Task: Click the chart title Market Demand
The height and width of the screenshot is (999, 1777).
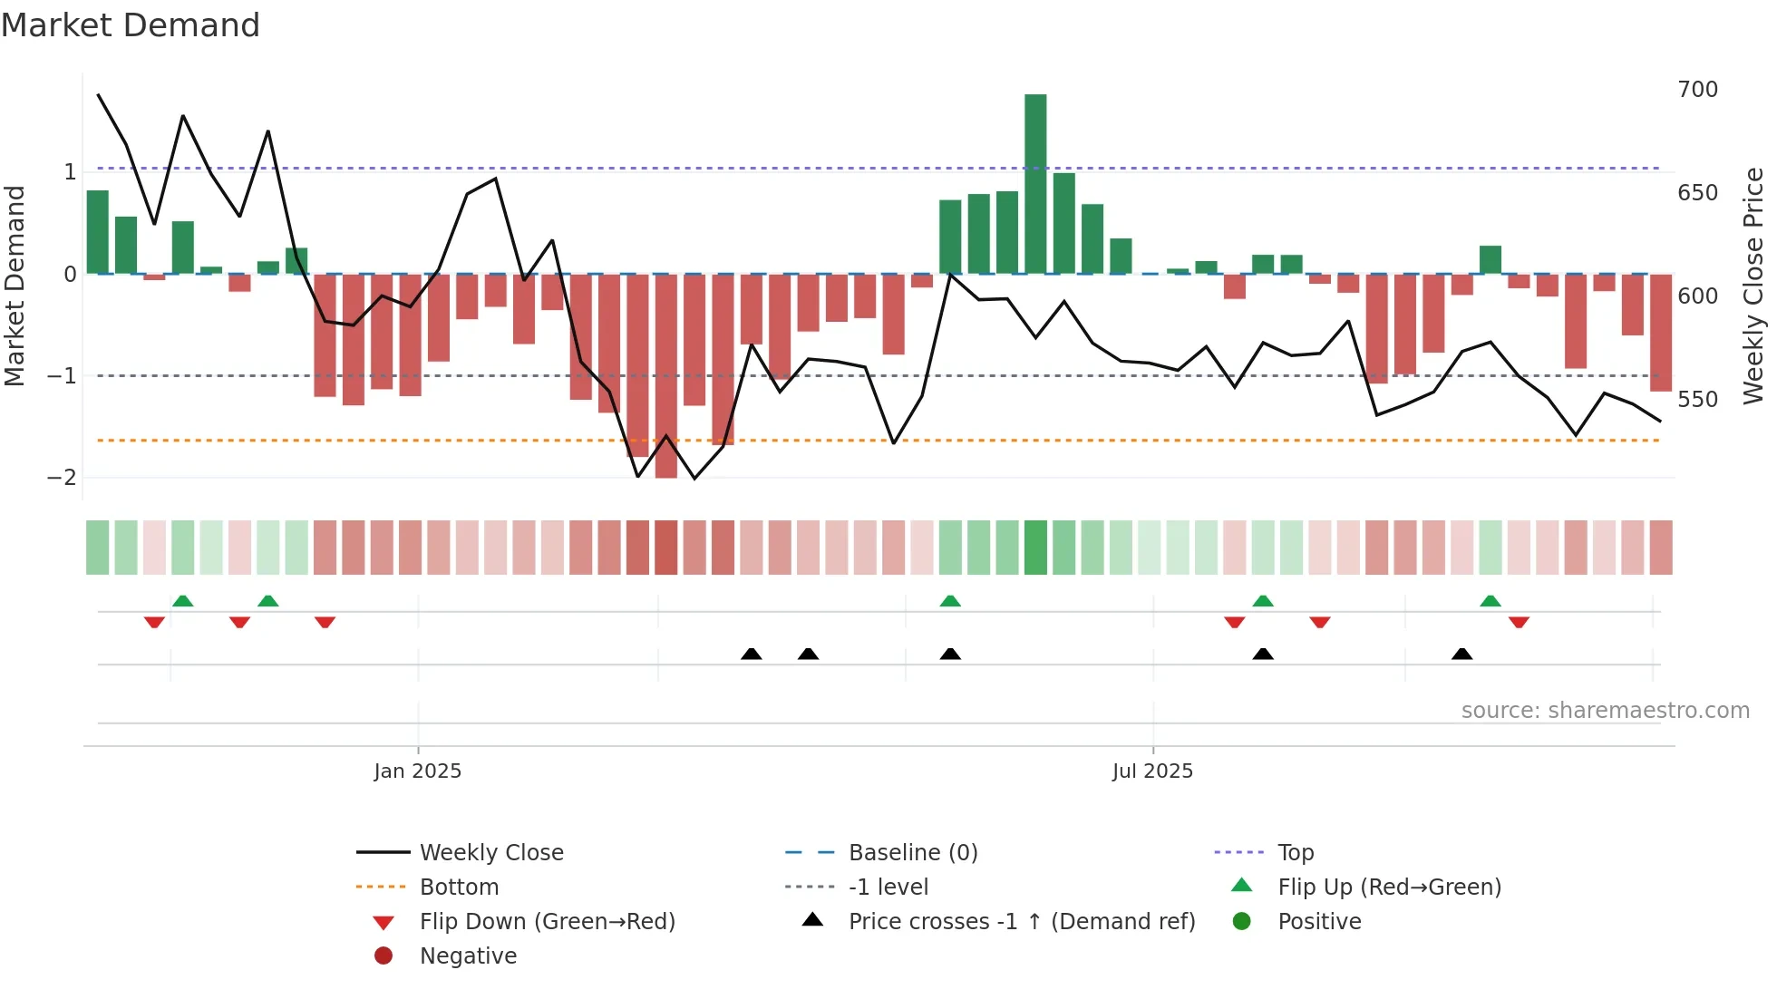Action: (x=131, y=25)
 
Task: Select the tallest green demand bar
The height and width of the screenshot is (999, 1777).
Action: (x=1035, y=181)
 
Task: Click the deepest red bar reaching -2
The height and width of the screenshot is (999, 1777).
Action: (x=666, y=376)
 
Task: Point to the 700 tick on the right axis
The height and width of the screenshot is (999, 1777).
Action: (x=1697, y=90)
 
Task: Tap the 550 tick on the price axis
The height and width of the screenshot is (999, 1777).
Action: (x=1697, y=400)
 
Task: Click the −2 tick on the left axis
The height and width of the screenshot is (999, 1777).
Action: (x=62, y=478)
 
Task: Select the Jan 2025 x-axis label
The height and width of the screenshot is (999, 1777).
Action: (x=418, y=771)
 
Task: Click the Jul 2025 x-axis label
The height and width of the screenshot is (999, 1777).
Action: (x=1152, y=771)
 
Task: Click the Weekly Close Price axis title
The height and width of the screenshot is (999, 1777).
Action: (x=1753, y=286)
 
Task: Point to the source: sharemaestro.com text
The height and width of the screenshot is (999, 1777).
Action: (x=1605, y=711)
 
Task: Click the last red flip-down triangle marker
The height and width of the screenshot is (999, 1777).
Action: (x=1519, y=622)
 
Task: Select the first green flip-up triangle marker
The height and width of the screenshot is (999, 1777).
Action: (x=183, y=601)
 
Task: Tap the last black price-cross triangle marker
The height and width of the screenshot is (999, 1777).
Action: (x=1461, y=654)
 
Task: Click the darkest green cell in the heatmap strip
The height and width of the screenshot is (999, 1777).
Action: (x=1035, y=548)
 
